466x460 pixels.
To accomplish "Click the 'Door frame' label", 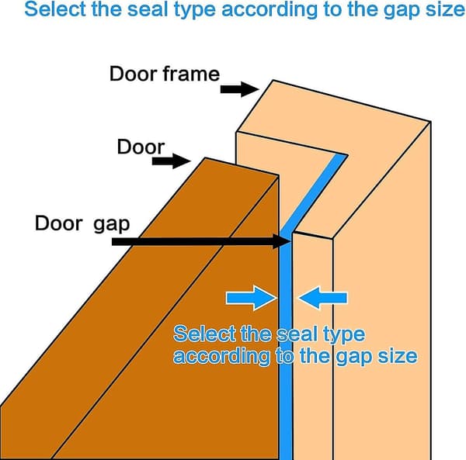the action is (165, 74).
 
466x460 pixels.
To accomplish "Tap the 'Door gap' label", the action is (82, 224).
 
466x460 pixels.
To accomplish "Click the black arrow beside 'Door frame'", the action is (239, 89).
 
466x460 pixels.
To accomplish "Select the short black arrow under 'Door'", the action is (171, 161).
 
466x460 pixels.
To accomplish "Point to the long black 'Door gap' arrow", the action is (201, 241).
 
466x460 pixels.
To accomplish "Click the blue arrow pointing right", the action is (252, 298).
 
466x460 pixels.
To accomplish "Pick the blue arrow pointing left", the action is (322, 298).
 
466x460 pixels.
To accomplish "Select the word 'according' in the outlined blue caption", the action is (221, 356).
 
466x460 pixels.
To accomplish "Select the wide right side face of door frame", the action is (382, 297).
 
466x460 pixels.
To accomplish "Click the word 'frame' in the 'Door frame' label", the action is (191, 74).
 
